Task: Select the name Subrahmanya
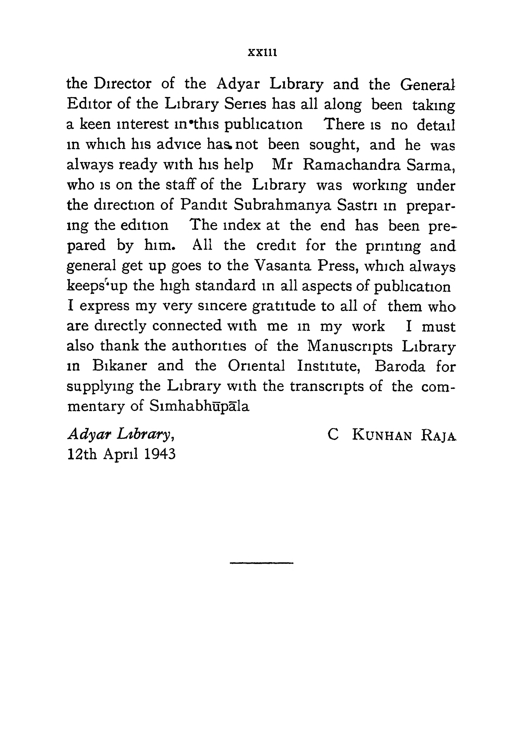click(x=282, y=205)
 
